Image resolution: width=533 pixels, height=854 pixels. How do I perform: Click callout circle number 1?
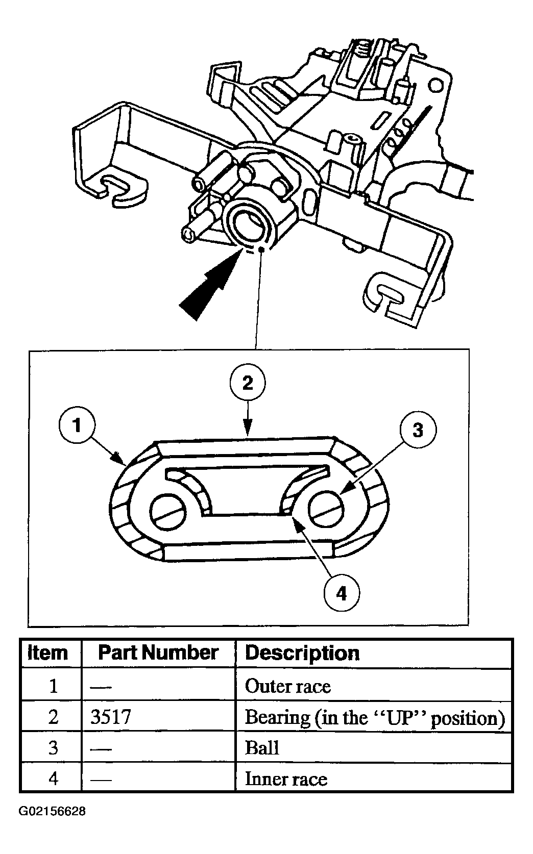(x=78, y=424)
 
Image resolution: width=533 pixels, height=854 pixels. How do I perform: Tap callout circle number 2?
(x=248, y=383)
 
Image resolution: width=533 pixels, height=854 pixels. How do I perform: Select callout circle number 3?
(x=418, y=430)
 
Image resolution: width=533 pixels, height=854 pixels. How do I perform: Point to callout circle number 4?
(x=342, y=593)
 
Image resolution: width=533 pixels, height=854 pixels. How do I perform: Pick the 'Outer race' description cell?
(x=288, y=686)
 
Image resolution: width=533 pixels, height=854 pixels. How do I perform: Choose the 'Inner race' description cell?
(x=286, y=778)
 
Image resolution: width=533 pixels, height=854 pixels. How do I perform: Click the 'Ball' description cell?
(x=262, y=748)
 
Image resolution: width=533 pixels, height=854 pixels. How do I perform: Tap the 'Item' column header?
(x=47, y=653)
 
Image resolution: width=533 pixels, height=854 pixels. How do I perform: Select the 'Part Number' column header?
(x=158, y=653)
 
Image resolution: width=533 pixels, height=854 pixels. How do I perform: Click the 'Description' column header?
(x=302, y=653)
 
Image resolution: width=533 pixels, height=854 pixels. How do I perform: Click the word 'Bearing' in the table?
(x=277, y=717)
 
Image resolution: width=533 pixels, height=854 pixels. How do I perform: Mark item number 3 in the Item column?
(x=53, y=748)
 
